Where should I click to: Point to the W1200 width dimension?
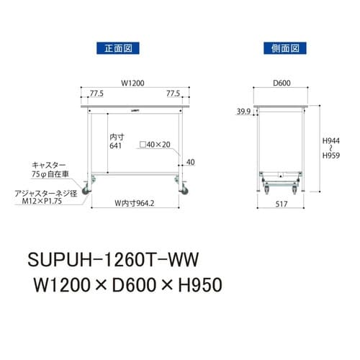tap(133, 83)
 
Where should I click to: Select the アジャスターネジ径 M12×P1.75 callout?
tap(47, 197)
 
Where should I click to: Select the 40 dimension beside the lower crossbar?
tap(189, 162)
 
